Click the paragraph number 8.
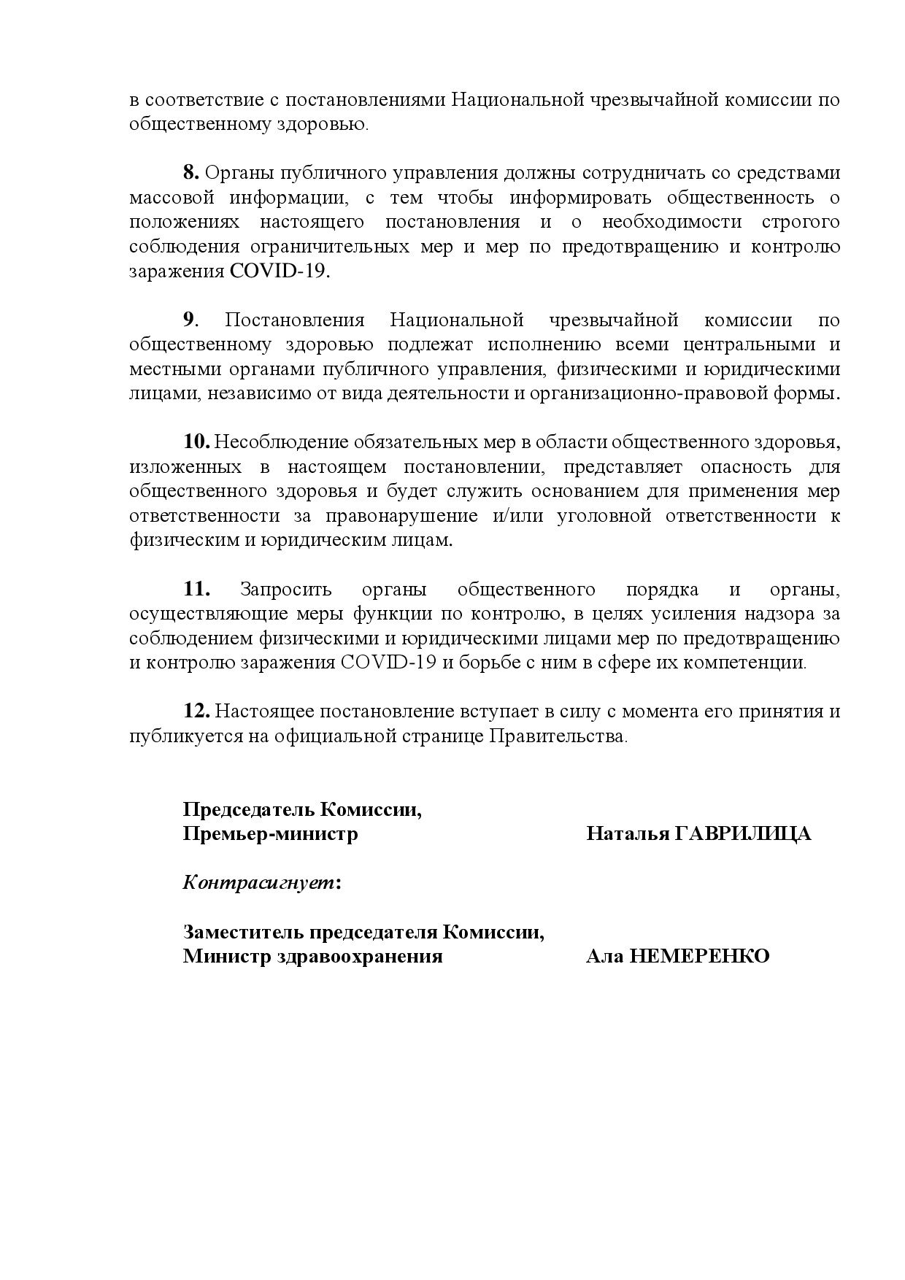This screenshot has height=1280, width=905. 190,174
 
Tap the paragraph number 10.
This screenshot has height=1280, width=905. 196,442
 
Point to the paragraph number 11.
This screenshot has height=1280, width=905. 196,590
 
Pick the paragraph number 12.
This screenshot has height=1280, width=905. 196,712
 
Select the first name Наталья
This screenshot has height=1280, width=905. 625,834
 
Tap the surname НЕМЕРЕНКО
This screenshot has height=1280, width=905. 699,956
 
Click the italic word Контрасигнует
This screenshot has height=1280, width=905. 259,883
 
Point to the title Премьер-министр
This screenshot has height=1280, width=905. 270,834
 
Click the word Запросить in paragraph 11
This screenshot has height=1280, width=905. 285,590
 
